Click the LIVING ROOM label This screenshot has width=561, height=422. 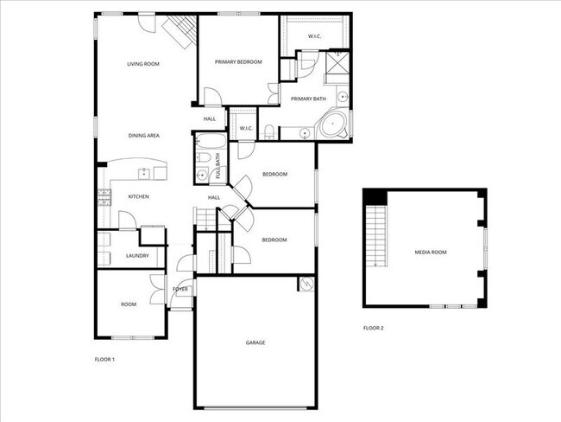pyautogui.click(x=143, y=64)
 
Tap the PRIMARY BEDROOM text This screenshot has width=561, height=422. pyautogui.click(x=238, y=86)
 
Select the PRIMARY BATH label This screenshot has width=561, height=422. pyautogui.click(x=307, y=99)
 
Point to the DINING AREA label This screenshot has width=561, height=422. pyautogui.click(x=143, y=136)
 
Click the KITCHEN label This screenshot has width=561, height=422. pyautogui.click(x=139, y=197)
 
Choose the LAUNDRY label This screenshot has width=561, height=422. pyautogui.click(x=137, y=256)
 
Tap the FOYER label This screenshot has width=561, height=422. pyautogui.click(x=180, y=289)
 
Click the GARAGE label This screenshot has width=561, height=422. pyautogui.click(x=255, y=343)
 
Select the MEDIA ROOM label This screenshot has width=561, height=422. pyautogui.click(x=431, y=252)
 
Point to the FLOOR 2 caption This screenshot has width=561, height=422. pyautogui.click(x=373, y=329)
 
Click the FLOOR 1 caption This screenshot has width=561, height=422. pyautogui.click(x=104, y=359)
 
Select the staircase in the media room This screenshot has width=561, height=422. pyautogui.click(x=375, y=234)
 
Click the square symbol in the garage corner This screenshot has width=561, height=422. pyautogui.click(x=305, y=284)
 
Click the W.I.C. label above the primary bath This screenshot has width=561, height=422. pyautogui.click(x=315, y=36)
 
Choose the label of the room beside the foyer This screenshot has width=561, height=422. pyautogui.click(x=129, y=304)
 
